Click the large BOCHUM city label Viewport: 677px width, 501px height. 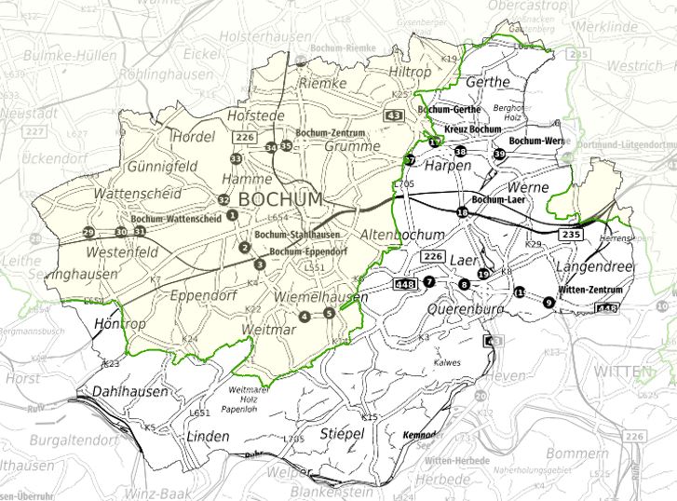coord(280,199)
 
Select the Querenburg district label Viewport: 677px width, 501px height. coord(466,308)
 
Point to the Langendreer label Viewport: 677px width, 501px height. coord(594,267)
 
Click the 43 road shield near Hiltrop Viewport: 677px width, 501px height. coord(394,115)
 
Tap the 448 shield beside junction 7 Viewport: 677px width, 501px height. coord(405,282)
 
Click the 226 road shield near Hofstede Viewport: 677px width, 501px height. coord(245,138)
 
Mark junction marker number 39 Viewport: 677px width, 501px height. coord(499,154)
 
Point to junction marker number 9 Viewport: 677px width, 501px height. coord(548,302)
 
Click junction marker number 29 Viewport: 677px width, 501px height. coord(88,232)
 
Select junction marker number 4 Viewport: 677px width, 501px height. coord(305,317)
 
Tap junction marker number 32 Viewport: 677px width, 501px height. coord(223,199)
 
